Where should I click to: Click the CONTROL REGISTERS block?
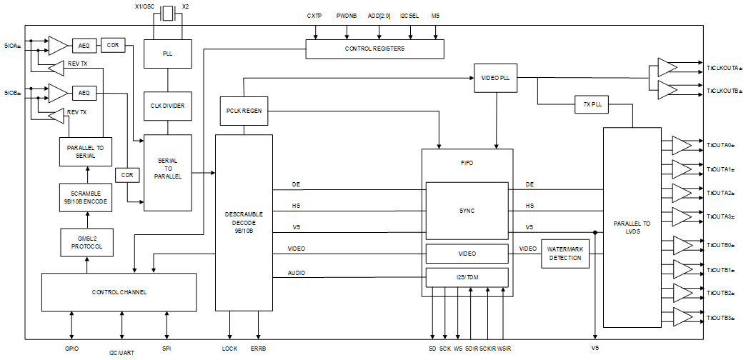point(374,49)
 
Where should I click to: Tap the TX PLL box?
point(592,104)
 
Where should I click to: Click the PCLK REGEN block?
point(244,111)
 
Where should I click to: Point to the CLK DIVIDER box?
point(167,106)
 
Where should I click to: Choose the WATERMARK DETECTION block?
point(565,253)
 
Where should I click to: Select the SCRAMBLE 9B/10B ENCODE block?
point(86,197)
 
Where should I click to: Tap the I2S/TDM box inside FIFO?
point(467,276)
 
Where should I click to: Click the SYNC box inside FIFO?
point(467,211)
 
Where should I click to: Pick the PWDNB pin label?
point(347,15)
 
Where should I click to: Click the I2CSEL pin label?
point(409,15)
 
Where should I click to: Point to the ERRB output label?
point(258,349)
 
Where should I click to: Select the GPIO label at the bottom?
point(71,349)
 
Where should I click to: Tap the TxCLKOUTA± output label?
point(724,68)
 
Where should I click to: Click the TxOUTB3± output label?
point(720,317)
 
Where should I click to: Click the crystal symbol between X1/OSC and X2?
point(167,12)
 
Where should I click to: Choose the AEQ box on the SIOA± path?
point(83,46)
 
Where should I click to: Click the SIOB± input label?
point(12,93)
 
